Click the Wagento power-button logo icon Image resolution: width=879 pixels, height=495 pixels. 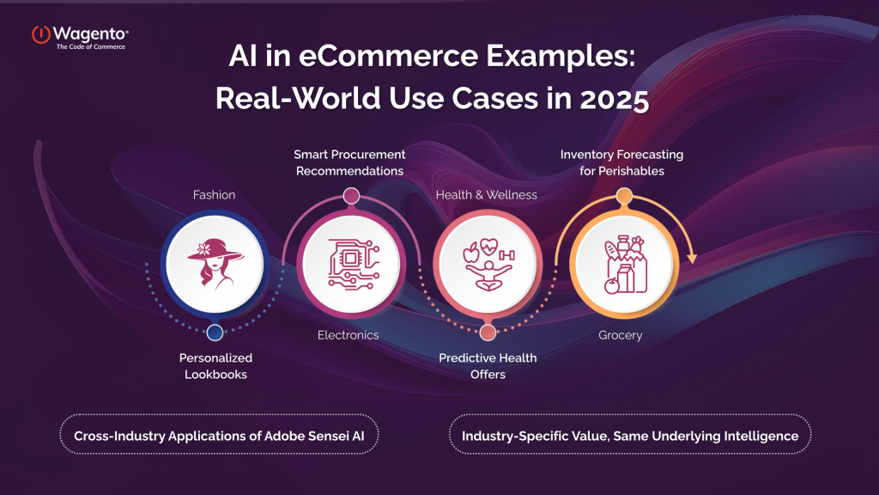40,35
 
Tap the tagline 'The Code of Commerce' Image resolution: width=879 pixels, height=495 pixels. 90,46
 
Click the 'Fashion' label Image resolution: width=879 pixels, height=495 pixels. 214,195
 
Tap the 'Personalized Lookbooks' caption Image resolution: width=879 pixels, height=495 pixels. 215,365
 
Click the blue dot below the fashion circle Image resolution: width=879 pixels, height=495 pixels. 215,332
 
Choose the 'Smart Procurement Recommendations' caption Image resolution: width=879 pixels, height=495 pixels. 350,162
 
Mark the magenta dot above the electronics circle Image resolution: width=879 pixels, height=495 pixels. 351,196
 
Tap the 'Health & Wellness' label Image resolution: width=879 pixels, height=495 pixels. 487,195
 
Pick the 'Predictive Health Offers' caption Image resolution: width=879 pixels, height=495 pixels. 487,365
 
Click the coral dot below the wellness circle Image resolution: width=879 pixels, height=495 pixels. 488,333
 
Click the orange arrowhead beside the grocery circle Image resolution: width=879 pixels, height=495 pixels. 690,257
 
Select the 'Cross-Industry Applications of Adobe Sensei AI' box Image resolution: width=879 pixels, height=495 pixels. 220,436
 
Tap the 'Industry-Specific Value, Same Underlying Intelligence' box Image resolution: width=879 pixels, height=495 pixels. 630,436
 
